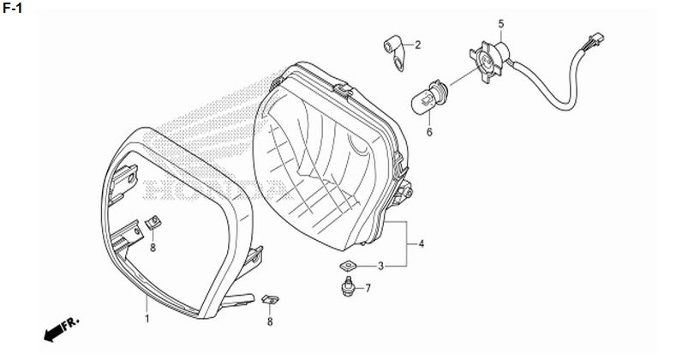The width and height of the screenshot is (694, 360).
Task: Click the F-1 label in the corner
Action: pyautogui.click(x=12, y=8)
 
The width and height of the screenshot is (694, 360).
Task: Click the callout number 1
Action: pyautogui.click(x=147, y=318)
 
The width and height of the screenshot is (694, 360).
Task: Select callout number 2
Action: pyautogui.click(x=418, y=45)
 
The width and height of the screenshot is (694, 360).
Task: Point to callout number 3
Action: pyautogui.click(x=380, y=266)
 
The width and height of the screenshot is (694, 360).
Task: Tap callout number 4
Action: pyautogui.click(x=422, y=243)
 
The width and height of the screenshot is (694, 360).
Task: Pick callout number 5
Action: pyautogui.click(x=501, y=23)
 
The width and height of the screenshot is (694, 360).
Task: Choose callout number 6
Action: pyautogui.click(x=429, y=132)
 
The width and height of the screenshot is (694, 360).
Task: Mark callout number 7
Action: pyautogui.click(x=368, y=289)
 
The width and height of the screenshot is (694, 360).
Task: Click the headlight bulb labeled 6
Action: pyautogui.click(x=430, y=97)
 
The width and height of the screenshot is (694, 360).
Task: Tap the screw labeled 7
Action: pyautogui.click(x=349, y=286)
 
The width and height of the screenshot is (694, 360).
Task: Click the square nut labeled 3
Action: pyautogui.click(x=349, y=266)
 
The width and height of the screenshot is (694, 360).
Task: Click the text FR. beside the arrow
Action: pyautogui.click(x=71, y=323)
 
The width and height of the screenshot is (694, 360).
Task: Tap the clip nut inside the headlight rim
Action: pyautogui.click(x=153, y=223)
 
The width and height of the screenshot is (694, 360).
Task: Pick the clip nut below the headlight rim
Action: pyautogui.click(x=270, y=300)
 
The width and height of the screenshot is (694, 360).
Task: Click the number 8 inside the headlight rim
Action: pyautogui.click(x=153, y=248)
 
